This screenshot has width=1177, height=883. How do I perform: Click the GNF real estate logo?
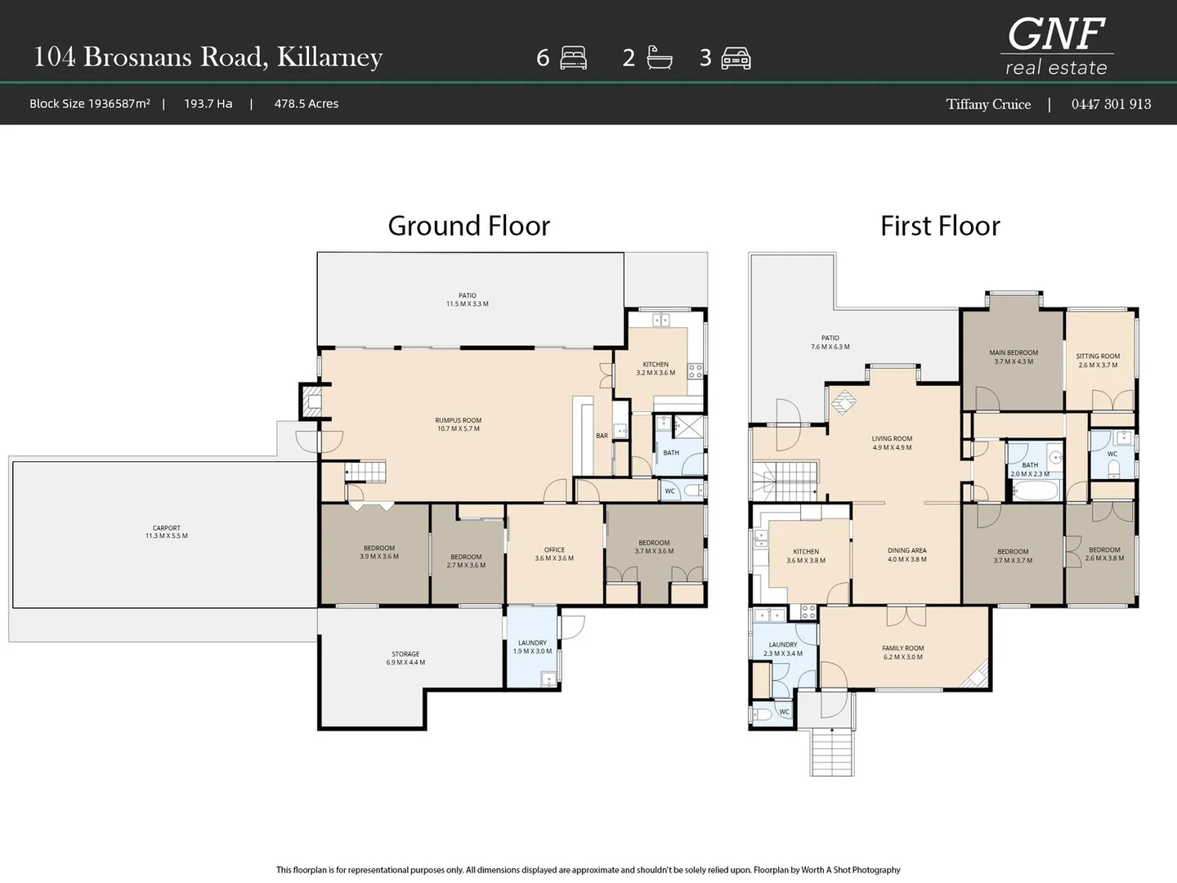click(1056, 46)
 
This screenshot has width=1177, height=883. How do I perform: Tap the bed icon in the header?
click(573, 58)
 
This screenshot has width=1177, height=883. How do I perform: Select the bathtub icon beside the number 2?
click(659, 58)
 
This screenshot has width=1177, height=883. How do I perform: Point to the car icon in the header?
click(736, 58)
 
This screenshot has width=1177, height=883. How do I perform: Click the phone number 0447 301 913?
click(1111, 104)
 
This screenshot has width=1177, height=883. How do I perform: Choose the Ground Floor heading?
click(468, 226)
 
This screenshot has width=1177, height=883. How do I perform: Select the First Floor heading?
click(940, 226)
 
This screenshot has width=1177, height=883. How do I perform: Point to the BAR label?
click(602, 435)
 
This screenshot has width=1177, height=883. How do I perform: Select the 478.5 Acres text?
click(307, 104)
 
